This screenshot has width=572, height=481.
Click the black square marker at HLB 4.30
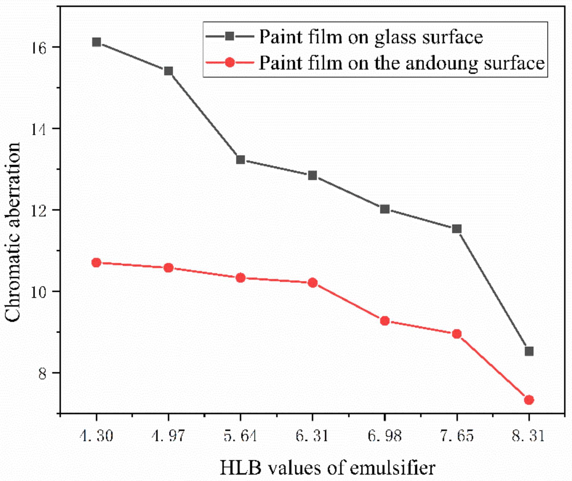[96, 42]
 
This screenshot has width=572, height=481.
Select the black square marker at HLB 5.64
[240, 160]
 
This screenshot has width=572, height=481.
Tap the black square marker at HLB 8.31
[529, 352]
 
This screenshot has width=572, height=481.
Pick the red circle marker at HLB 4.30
[96, 263]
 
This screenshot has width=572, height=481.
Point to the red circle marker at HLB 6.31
[312, 283]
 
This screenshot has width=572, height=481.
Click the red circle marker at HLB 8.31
[529, 400]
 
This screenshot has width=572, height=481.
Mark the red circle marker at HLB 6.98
[385, 321]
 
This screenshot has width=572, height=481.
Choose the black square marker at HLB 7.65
[457, 229]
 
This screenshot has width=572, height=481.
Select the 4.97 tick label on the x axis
[168, 436]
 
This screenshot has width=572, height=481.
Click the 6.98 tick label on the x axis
[385, 436]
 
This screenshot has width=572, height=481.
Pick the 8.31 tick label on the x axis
[529, 436]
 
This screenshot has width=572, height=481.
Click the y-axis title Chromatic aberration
[13, 232]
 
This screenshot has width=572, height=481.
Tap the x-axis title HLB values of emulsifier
[327, 468]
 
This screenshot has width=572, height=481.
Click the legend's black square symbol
[229, 36]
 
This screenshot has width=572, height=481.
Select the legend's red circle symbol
[229, 62]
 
